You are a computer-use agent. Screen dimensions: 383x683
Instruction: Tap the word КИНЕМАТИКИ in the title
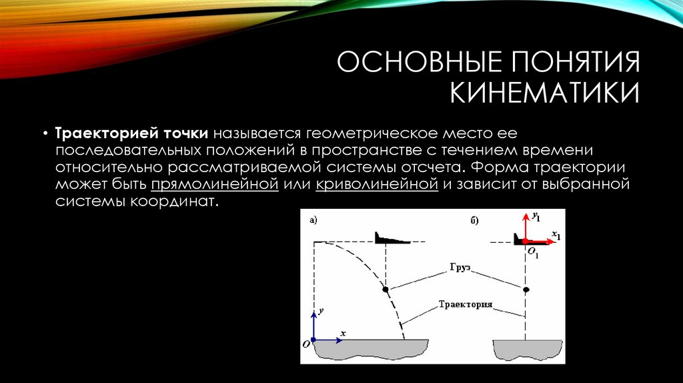tap(545, 93)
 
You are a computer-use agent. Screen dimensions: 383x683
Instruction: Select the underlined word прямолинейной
tap(214, 184)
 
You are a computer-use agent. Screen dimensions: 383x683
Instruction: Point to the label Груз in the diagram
tap(460, 266)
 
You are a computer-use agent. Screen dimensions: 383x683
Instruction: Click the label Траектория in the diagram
tap(465, 304)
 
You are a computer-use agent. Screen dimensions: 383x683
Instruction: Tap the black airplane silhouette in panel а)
tap(390, 238)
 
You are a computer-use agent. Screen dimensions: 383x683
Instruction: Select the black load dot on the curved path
tap(386, 290)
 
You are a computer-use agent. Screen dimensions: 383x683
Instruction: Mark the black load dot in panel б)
tap(526, 290)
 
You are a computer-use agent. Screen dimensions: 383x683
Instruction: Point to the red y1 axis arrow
tap(524, 227)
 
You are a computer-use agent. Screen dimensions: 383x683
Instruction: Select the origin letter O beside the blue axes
tap(305, 343)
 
